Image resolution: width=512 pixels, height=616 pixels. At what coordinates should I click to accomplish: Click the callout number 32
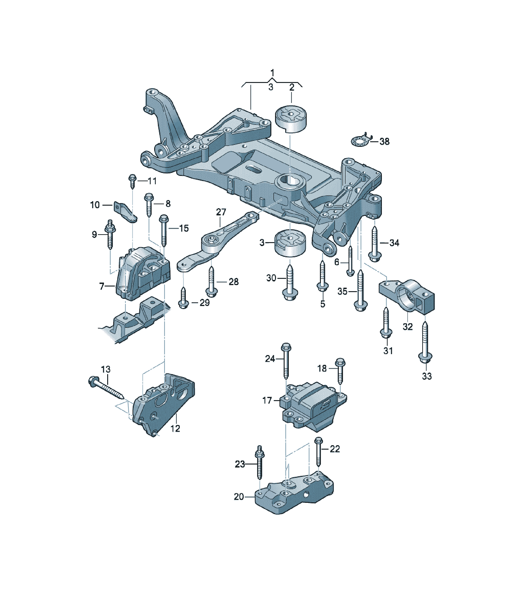(408, 326)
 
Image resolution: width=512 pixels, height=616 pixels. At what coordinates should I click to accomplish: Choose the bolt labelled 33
(425, 342)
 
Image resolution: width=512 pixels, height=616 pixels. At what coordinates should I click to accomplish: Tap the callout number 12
(175, 428)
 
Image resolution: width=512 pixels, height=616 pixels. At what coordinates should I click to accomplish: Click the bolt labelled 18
(340, 371)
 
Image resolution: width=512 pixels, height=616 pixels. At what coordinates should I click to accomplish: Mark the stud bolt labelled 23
(259, 463)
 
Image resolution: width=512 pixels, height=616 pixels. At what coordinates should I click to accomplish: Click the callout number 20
(239, 497)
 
